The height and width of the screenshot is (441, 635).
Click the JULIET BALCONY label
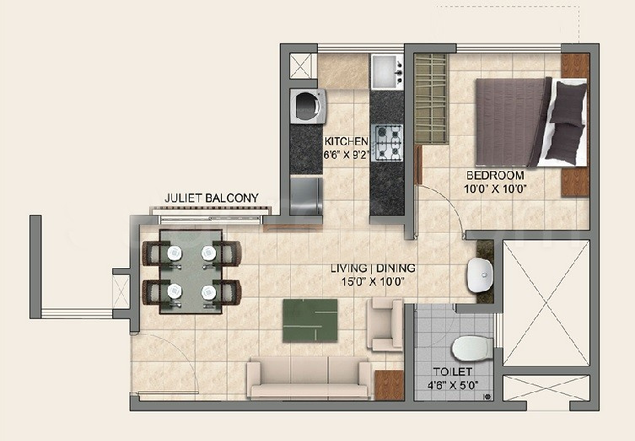pyautogui.click(x=212, y=198)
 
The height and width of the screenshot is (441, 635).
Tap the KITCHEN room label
pyautogui.click(x=347, y=142)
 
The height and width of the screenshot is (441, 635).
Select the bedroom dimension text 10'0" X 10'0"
pyautogui.click(x=495, y=189)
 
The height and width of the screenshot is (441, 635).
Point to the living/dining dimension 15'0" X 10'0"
pyautogui.click(x=373, y=281)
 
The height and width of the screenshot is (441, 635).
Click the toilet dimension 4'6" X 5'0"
pyautogui.click(x=453, y=385)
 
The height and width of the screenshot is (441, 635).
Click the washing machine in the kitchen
pyautogui.click(x=308, y=106)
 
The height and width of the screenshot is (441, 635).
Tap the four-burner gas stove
pyautogui.click(x=387, y=143)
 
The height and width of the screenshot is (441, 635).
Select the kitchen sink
pyautogui.click(x=388, y=72)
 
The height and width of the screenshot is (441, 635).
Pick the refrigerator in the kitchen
pyautogui.click(x=307, y=196)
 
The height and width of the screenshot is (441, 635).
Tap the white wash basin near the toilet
pyautogui.click(x=481, y=275)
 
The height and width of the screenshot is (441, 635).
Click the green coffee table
pyautogui.click(x=310, y=320)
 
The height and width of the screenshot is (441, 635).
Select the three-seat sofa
pyautogui.click(x=309, y=379)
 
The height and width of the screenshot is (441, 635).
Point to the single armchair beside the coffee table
pyautogui.click(x=385, y=325)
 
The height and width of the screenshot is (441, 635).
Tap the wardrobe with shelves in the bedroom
pyautogui.click(x=432, y=99)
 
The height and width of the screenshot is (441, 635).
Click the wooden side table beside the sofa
pyautogui.click(x=390, y=385)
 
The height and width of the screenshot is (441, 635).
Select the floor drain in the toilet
pyautogui.click(x=488, y=397)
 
